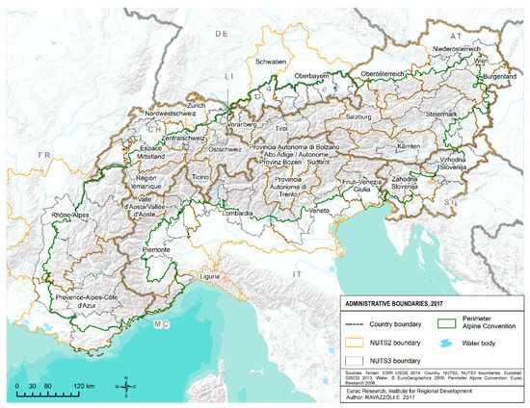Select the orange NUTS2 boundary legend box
tap(354, 342)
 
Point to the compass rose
tap(127, 386)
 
